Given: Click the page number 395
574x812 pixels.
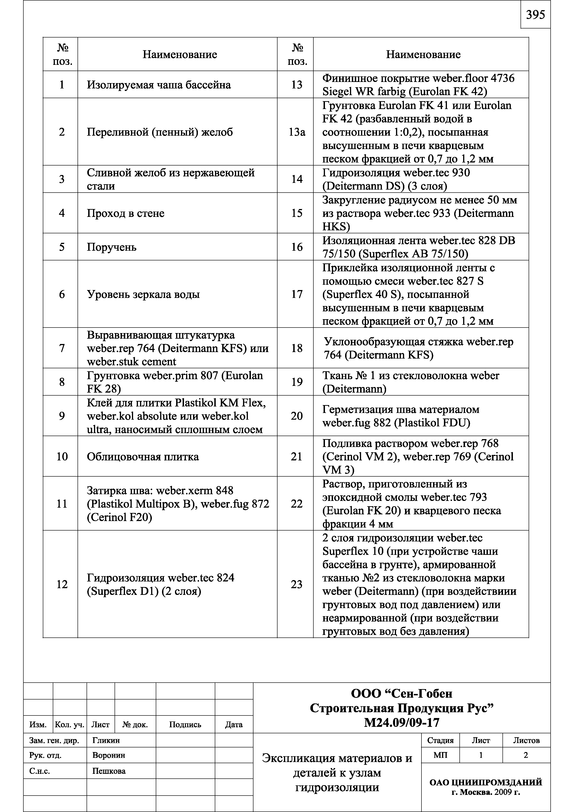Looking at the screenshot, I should [x=535, y=15].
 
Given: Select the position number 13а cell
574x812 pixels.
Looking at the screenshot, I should [x=296, y=132].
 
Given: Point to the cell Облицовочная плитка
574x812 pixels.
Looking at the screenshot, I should [x=143, y=456].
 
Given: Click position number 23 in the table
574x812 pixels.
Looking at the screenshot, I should [x=296, y=584].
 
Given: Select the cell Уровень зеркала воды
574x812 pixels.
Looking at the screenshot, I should [x=143, y=294].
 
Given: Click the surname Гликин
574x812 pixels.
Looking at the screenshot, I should [x=106, y=740].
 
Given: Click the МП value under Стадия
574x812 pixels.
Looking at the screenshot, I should [x=440, y=755].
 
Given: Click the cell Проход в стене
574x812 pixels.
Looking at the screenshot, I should [x=125, y=213].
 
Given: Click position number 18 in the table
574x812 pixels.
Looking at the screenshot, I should [x=296, y=348].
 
